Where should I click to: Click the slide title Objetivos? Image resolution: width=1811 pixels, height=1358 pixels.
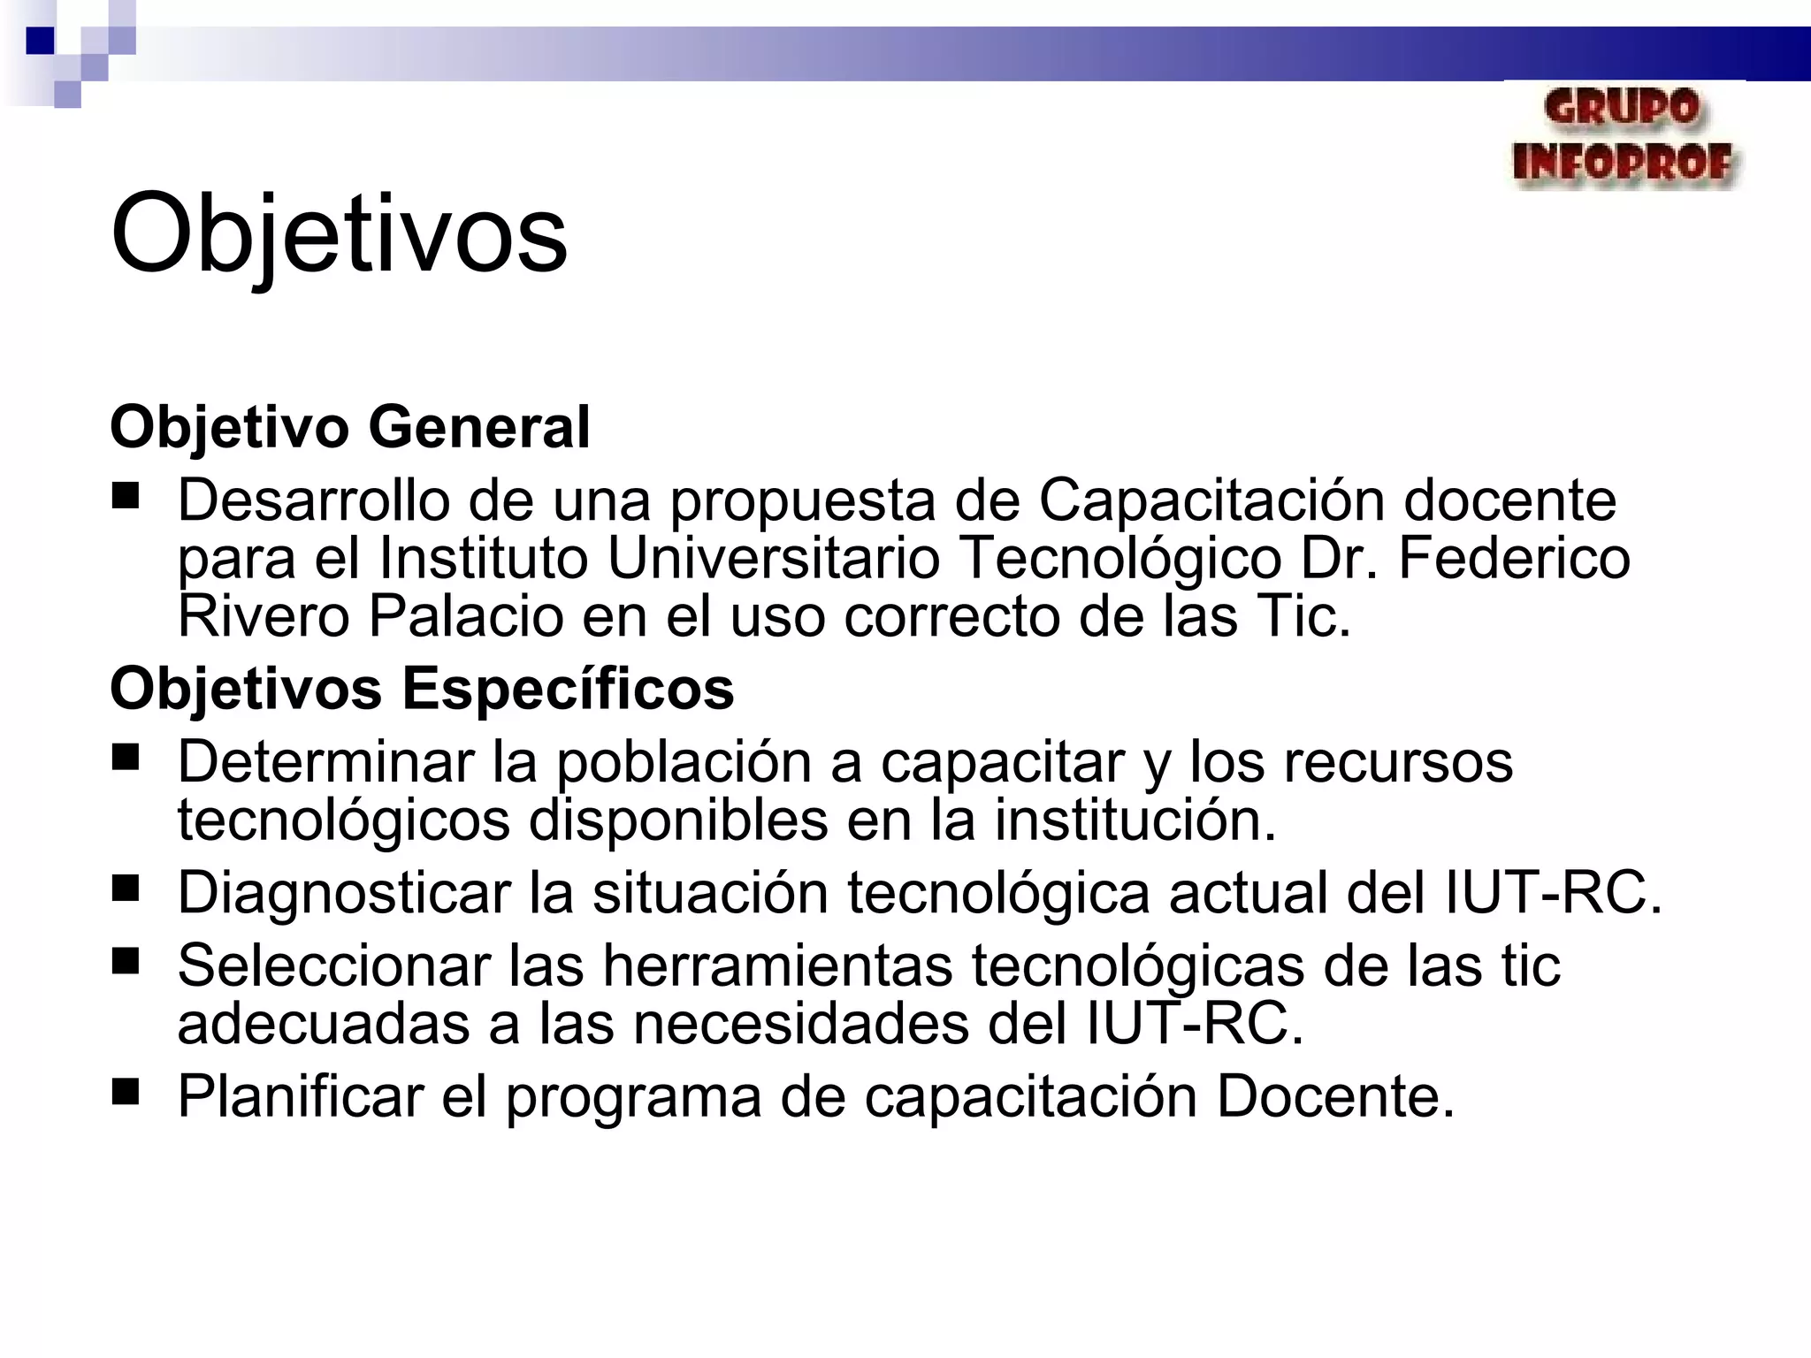(339, 234)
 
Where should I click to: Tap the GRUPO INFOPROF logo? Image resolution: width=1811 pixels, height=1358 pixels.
(1624, 138)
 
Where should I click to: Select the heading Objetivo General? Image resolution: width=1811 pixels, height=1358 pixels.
(349, 427)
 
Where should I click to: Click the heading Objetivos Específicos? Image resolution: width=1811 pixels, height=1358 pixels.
(422, 688)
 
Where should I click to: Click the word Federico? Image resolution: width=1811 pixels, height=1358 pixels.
(1514, 558)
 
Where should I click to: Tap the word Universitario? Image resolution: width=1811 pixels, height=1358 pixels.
(773, 558)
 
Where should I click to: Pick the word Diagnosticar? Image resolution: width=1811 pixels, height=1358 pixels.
(344, 892)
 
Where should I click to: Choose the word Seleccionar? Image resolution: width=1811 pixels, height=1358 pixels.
(333, 965)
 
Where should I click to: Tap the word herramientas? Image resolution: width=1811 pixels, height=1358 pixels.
(777, 965)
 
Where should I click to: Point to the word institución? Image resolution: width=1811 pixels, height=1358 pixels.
(1135, 820)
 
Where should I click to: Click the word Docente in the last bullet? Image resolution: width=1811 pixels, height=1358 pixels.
(1335, 1096)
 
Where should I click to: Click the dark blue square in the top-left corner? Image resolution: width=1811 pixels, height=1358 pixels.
(41, 41)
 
